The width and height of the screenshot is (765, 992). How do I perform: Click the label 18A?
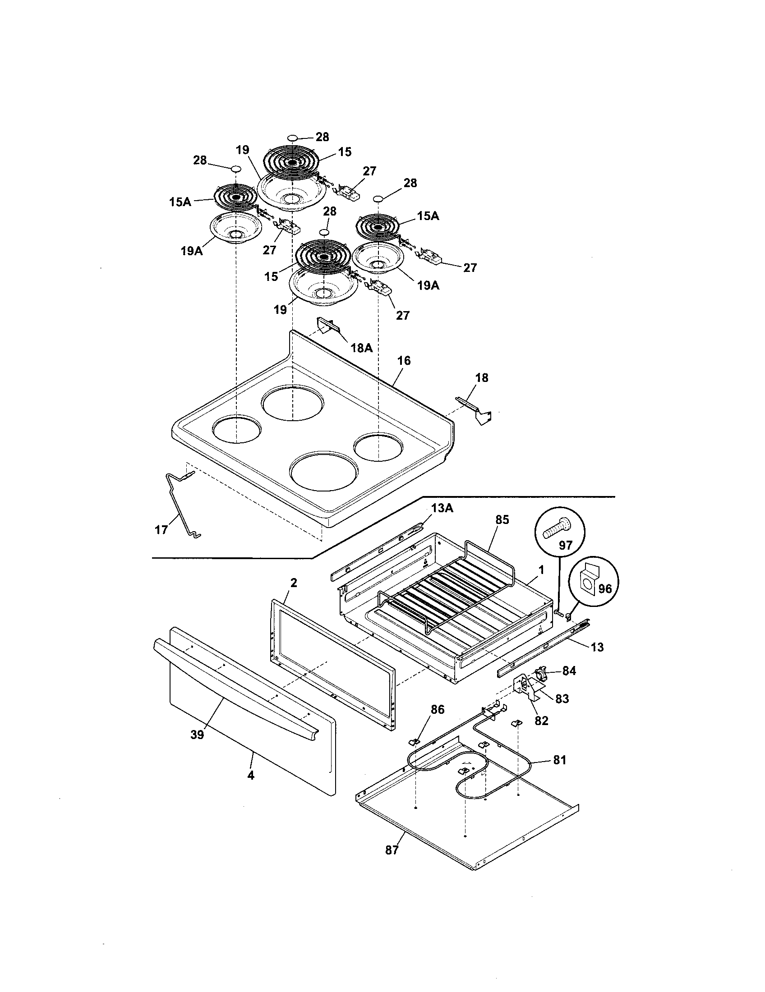[362, 348]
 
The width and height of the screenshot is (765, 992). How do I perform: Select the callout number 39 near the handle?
[197, 735]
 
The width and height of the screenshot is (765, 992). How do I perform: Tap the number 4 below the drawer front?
[250, 776]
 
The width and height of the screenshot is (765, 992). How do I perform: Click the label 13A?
[442, 508]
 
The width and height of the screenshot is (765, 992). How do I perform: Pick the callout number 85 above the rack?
[502, 520]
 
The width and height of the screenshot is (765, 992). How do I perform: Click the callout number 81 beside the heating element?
[559, 760]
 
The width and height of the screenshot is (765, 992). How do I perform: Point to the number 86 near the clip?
[438, 709]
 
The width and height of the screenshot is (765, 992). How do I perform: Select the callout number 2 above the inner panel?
[294, 583]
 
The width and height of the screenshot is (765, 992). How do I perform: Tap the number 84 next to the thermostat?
[569, 671]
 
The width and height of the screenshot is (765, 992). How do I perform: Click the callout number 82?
[541, 721]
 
